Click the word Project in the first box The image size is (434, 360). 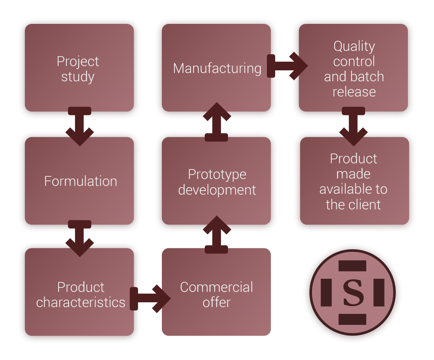(78, 62)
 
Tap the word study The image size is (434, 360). (78, 77)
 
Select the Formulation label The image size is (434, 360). (81, 181)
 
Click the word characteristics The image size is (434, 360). (81, 302)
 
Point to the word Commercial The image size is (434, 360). (217, 287)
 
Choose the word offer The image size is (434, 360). (217, 302)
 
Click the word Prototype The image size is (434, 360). (217, 175)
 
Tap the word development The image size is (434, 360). (217, 190)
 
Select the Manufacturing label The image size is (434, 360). (217, 68)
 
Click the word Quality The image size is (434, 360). (354, 46)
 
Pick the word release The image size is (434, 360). (354, 92)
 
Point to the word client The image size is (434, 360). (365, 205)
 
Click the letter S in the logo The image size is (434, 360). (354, 293)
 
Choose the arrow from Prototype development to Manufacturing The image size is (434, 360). (216, 122)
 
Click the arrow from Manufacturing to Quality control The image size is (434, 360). (287, 66)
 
